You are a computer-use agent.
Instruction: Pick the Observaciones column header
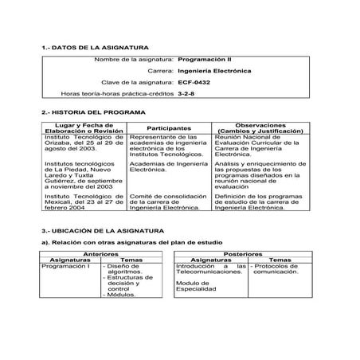[x=260, y=127]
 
